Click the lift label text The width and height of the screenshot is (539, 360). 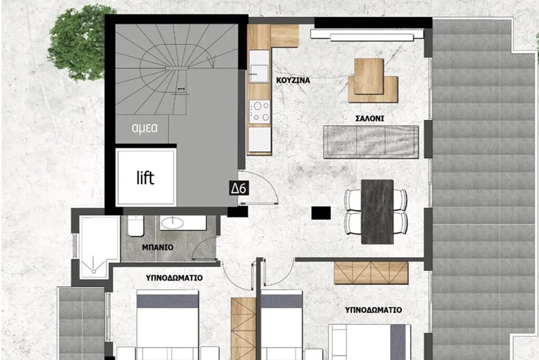[x=145, y=178]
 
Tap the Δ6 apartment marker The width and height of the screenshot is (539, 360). [x=239, y=188]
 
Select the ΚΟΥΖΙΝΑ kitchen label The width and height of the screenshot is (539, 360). [x=293, y=80]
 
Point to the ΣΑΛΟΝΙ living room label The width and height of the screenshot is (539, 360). [x=369, y=118]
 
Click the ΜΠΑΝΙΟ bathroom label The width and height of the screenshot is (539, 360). [x=158, y=247]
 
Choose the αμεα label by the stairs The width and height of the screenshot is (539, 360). [x=145, y=128]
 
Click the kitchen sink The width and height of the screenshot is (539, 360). [x=259, y=66]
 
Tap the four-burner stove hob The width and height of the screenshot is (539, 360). [x=259, y=112]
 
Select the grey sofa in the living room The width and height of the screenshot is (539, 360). [x=371, y=142]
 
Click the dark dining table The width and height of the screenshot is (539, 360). [x=377, y=212]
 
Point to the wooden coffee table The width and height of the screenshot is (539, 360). [x=372, y=81]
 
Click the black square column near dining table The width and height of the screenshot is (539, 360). [x=321, y=213]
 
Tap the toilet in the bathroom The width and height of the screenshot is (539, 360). [x=136, y=226]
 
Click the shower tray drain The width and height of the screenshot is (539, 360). [x=93, y=271]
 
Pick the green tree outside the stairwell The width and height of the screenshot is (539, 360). [x=77, y=43]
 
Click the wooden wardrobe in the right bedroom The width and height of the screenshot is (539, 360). [x=372, y=273]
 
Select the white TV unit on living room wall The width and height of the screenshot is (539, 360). [x=366, y=35]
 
